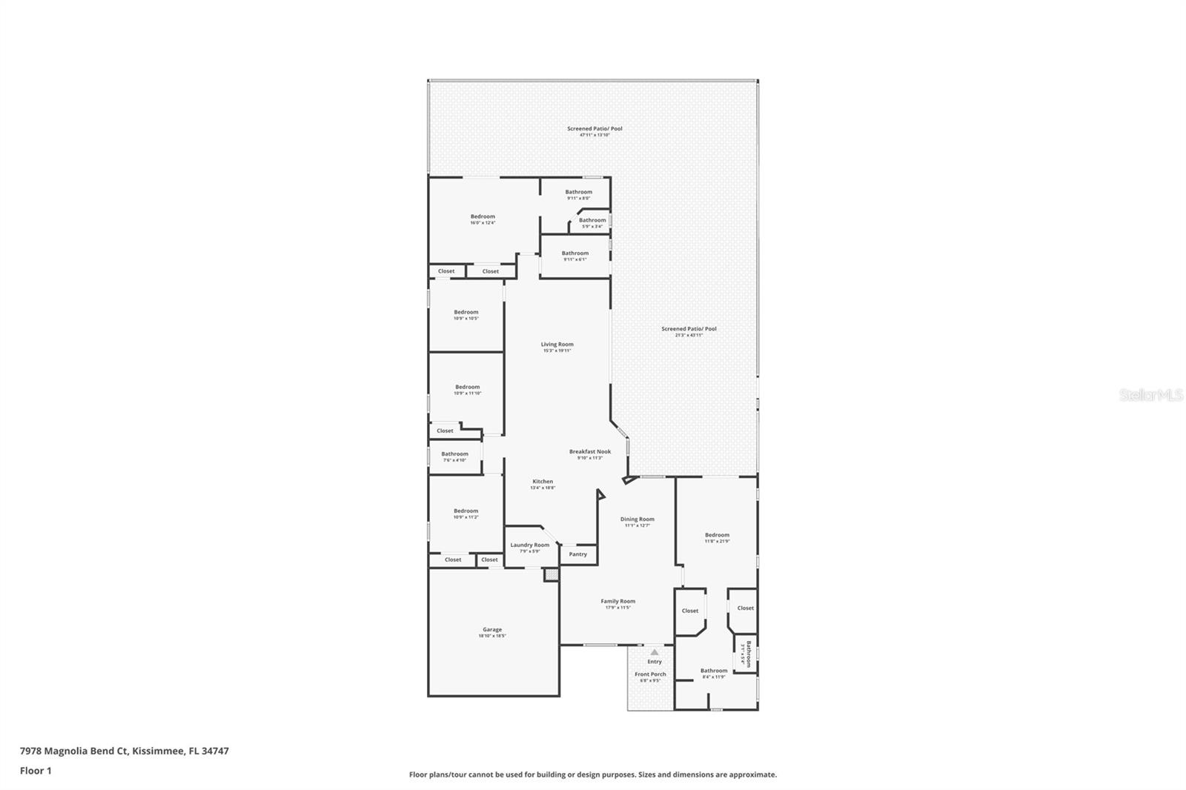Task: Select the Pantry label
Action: click(578, 554)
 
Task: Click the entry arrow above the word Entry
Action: click(655, 652)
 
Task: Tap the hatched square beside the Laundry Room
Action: click(551, 574)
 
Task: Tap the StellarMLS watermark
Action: click(1150, 396)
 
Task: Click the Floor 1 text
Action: click(36, 771)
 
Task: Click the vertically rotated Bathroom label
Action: click(748, 654)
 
